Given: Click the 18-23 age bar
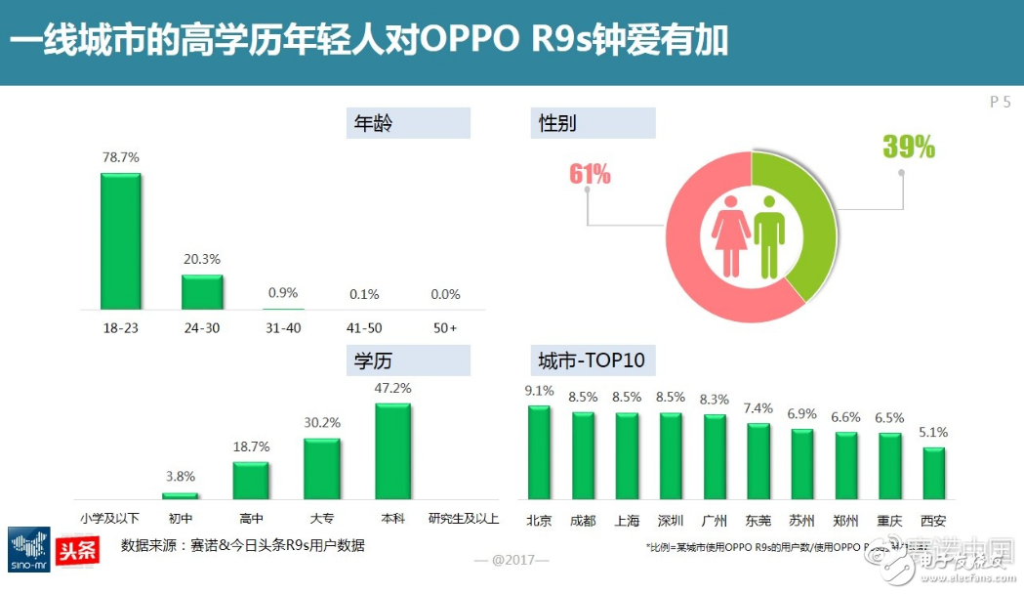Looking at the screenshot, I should coord(121,241).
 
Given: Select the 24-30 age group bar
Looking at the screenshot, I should coord(202,291).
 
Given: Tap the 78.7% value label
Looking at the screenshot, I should coord(121,157).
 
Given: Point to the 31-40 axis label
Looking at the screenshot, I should coord(283,327).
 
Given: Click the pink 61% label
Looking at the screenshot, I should coord(590,175).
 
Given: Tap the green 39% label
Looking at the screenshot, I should coord(909,148).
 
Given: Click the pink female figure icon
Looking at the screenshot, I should coord(730,236).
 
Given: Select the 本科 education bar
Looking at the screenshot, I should coord(392,450).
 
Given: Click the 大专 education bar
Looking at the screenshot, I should coord(321,468).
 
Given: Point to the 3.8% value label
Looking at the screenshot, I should coord(180,477).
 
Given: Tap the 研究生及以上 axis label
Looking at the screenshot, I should coord(464,518).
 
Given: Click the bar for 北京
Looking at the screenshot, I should coord(539,451).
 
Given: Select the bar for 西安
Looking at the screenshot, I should coord(933,473).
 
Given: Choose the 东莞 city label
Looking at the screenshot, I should coord(758,521).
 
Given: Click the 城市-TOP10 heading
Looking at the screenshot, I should coord(592,361).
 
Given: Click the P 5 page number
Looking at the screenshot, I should coord(1000,102).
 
